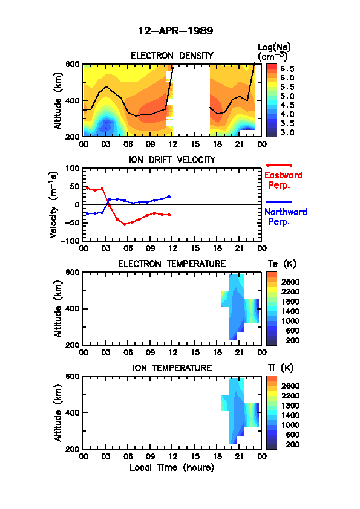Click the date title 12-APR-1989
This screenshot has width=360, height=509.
[x=175, y=31]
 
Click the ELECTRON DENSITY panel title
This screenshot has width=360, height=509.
[x=172, y=56]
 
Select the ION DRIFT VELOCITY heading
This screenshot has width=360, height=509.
[x=172, y=160]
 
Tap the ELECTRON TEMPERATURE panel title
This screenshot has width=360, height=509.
[x=172, y=264]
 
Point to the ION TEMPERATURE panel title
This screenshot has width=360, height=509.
[x=172, y=368]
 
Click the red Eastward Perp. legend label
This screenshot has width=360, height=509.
[x=283, y=180]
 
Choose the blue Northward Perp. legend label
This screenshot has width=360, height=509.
[x=286, y=216]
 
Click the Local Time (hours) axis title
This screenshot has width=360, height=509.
[x=172, y=467]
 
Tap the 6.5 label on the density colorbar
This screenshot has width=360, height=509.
[x=287, y=69]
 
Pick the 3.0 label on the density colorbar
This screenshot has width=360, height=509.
[x=287, y=132]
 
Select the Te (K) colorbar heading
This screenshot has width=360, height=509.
[x=282, y=264]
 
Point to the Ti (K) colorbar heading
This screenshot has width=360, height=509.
[x=281, y=368]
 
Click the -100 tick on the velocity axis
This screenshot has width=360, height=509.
[x=72, y=241]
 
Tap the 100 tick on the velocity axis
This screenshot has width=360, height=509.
[x=73, y=168]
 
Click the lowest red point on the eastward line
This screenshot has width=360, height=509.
[x=125, y=224]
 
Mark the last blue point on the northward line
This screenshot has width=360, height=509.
[x=169, y=196]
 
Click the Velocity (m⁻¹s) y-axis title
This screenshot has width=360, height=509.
[x=54, y=204]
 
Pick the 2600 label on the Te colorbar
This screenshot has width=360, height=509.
[x=290, y=282]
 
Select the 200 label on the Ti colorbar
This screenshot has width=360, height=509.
[x=293, y=444]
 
